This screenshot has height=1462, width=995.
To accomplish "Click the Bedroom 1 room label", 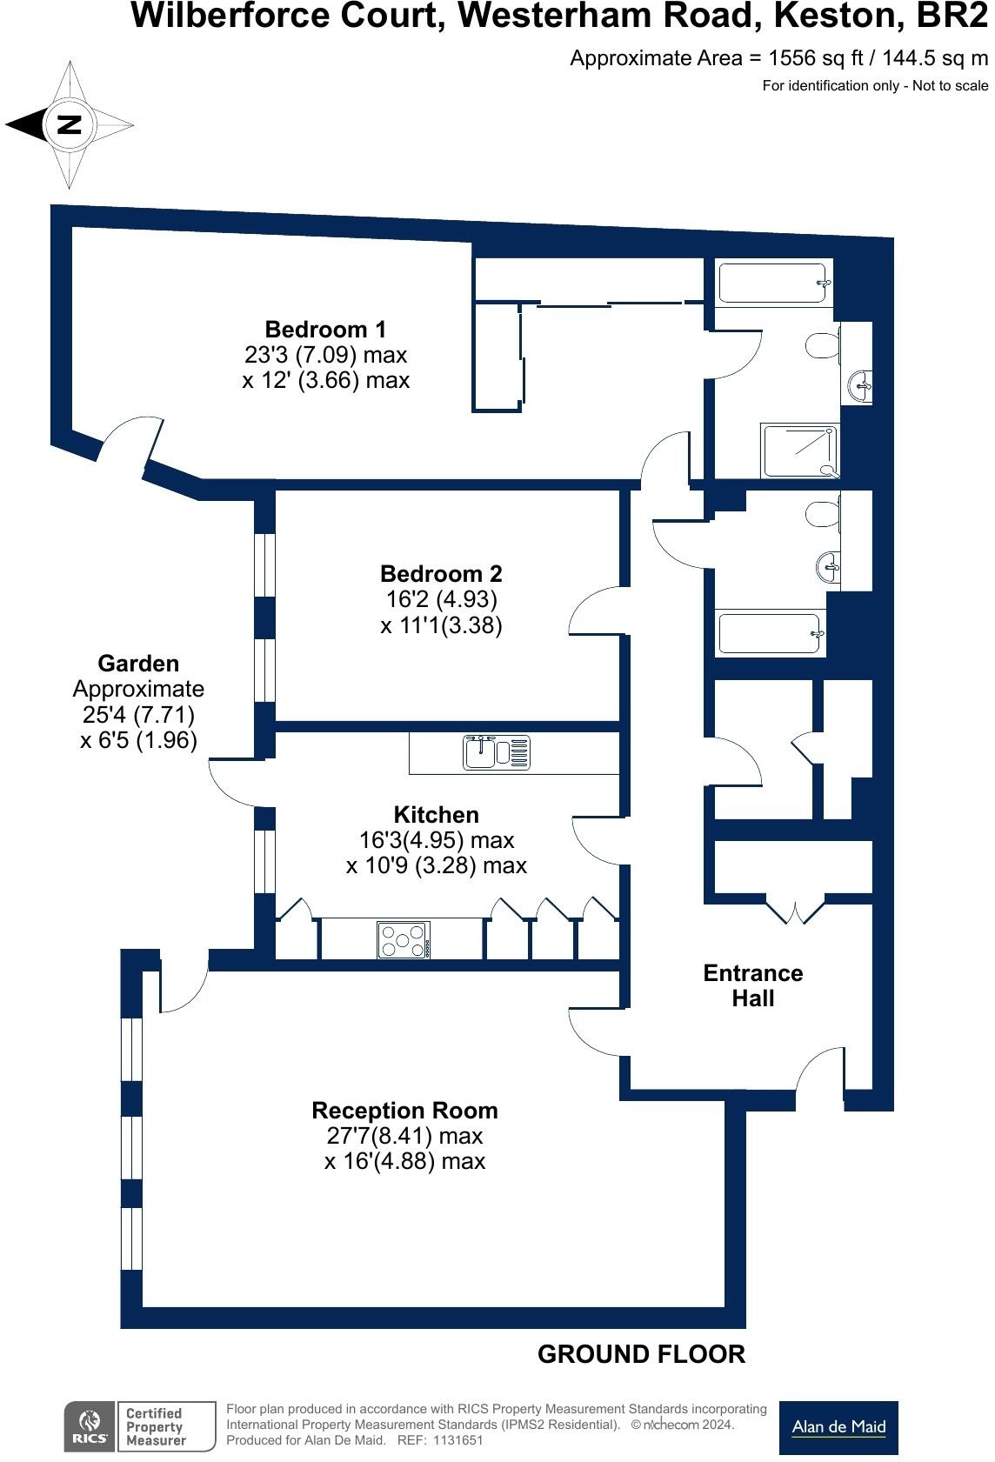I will click(325, 330).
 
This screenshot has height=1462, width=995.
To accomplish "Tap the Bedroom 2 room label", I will click(441, 574).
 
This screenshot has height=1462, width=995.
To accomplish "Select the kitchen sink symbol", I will click(497, 751).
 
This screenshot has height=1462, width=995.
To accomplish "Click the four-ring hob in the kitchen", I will click(404, 940).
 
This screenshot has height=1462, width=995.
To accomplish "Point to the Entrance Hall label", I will click(752, 985).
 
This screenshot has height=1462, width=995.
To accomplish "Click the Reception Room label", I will click(404, 1111).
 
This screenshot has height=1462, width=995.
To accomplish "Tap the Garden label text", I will click(138, 664).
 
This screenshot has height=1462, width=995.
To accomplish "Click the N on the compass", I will click(69, 125).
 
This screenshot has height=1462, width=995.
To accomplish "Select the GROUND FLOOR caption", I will click(641, 1354).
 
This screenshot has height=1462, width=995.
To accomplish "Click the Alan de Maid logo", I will click(838, 1427).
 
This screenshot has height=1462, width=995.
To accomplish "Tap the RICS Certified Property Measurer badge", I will click(139, 1426).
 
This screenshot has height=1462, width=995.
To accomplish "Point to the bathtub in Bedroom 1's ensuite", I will click(772, 283).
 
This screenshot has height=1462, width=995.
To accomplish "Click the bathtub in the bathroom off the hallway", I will click(770, 633).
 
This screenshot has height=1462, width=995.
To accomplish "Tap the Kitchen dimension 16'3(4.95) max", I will click(437, 840).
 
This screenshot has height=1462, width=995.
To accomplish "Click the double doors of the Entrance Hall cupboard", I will click(795, 909).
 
